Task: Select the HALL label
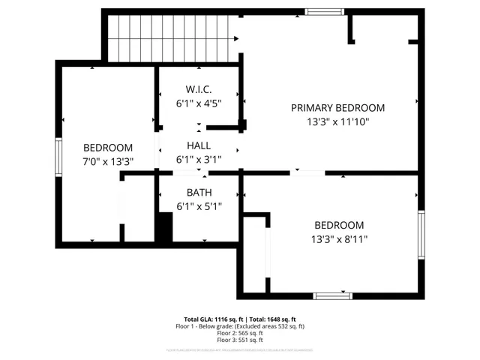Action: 199,145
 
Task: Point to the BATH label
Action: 199,193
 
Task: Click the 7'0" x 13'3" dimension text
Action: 108,160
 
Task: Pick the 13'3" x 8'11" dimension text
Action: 338,239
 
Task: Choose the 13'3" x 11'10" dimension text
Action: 338,121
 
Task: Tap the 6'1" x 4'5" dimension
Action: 199,103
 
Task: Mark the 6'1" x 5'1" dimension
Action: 199,206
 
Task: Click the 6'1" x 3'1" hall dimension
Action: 199,159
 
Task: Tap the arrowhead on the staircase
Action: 237,38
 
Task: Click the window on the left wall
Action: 58,156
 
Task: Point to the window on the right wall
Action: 421,235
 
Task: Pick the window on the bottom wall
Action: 332,295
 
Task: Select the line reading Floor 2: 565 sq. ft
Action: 240,333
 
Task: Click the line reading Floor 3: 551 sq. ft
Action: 240,340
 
